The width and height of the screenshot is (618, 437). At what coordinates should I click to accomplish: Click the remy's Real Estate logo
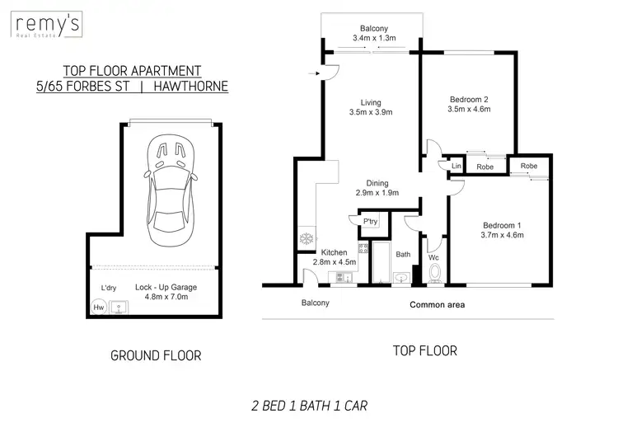(47, 26)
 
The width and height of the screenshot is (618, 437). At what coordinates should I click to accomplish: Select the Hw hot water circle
(99, 308)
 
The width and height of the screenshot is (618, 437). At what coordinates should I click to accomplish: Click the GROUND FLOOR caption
(156, 356)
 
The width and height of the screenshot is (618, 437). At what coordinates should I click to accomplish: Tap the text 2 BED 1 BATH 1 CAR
(309, 405)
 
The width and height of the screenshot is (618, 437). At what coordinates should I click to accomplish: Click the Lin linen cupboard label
(456, 167)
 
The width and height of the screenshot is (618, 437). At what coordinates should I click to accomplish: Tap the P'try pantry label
(371, 221)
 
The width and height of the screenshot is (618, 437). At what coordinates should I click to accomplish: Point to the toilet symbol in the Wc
(434, 273)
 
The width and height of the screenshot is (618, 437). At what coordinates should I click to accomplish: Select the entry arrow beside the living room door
(314, 74)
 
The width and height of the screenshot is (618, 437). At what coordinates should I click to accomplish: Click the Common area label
(438, 305)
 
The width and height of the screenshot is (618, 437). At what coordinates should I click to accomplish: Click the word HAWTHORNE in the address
(193, 86)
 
